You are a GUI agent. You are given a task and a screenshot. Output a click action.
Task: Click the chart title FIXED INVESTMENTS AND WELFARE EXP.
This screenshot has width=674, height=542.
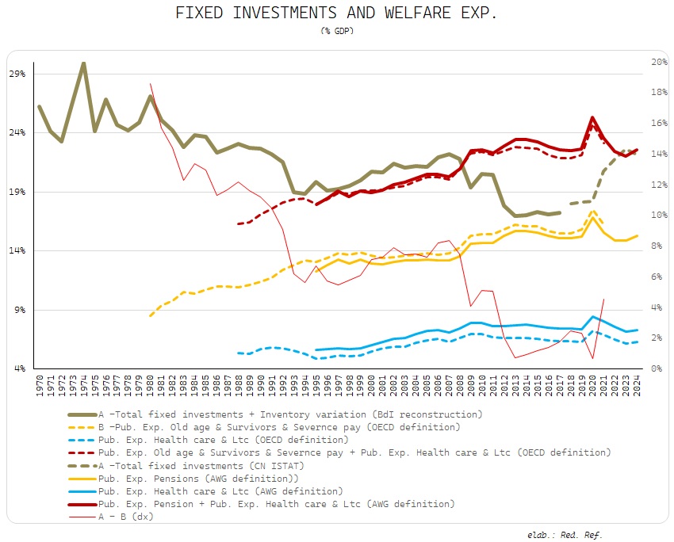(336, 13)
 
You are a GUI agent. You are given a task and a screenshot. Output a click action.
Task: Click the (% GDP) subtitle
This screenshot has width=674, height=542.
(336, 31)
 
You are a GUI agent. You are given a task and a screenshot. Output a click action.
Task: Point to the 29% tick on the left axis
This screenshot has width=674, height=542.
(17, 74)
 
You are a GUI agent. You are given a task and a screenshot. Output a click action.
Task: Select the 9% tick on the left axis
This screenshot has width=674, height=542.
(19, 310)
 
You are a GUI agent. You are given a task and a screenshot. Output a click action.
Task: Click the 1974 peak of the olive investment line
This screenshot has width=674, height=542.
(83, 63)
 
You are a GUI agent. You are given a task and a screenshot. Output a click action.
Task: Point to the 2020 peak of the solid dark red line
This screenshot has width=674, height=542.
(592, 118)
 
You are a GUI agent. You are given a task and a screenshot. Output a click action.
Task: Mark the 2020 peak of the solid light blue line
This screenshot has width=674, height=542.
(592, 317)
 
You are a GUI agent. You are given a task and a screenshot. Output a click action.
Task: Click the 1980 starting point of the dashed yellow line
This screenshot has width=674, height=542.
(150, 315)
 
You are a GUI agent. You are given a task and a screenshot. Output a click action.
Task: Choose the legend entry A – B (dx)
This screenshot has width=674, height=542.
(126, 516)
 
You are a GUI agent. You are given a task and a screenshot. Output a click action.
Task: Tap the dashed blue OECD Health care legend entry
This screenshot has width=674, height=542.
(223, 439)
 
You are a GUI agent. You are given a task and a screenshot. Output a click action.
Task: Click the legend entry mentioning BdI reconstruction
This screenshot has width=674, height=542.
(290, 414)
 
